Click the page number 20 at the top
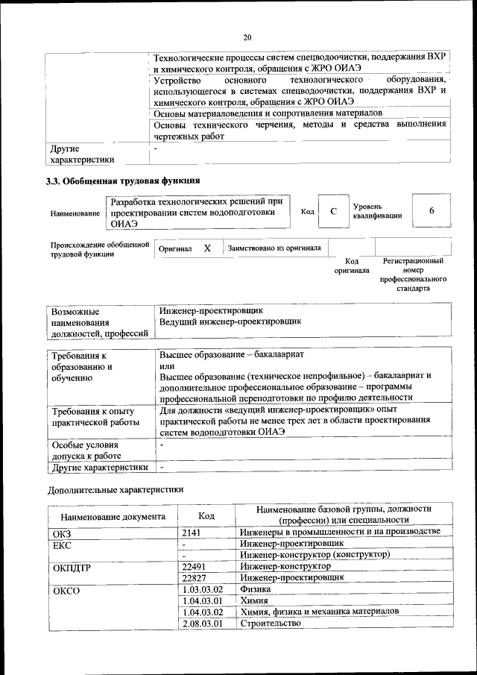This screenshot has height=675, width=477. coord(247,37)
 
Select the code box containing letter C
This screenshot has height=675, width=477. coord(334,212)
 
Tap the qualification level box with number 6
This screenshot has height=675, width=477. coord(431,212)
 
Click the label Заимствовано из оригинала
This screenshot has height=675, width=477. coord(274,248)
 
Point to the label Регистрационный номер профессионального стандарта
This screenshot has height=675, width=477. coord(413,274)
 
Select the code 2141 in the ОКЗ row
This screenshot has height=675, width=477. coord(192,532)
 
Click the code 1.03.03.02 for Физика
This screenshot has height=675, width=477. coord(203,588)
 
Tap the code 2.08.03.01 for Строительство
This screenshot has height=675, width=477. coord(203,623)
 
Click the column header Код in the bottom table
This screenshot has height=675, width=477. coord(206,515)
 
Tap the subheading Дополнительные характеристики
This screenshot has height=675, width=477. coord(116,489)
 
